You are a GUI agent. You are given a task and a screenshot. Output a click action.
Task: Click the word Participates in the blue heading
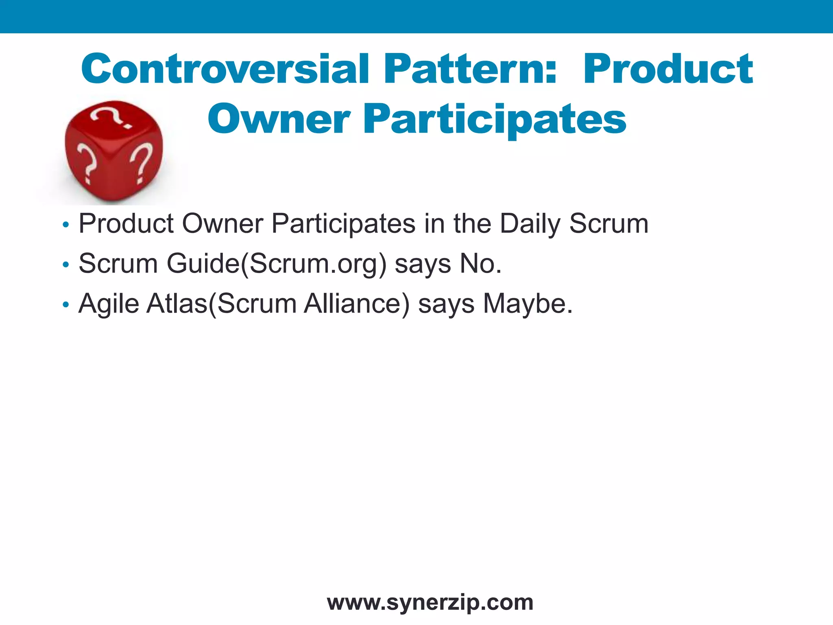[495, 119]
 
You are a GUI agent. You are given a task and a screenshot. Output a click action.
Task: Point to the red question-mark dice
[114, 151]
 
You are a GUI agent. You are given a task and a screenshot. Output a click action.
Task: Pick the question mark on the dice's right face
[141, 163]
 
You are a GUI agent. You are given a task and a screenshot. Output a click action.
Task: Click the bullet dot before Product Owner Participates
[66, 225]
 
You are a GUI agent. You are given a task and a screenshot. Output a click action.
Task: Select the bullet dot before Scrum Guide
[66, 265]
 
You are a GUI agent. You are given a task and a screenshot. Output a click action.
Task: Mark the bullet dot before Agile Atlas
[66, 305]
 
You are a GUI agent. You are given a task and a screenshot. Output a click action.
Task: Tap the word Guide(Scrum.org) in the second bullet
[277, 264]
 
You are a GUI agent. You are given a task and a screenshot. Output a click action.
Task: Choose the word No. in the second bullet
[480, 263]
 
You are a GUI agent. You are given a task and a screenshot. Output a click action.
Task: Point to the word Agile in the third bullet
[109, 304]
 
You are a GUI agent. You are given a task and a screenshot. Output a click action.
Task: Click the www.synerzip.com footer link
[430, 602]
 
